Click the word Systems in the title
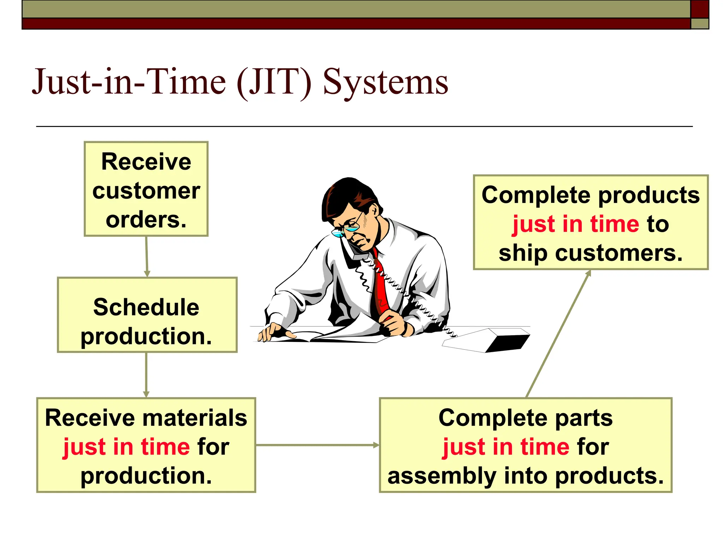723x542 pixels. (x=385, y=82)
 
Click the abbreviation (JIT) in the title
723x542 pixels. (x=274, y=82)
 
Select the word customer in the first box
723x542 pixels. (x=146, y=191)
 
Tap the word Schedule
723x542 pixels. (x=146, y=307)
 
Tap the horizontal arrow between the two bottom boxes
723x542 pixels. (x=317, y=445)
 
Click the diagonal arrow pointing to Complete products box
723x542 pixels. (x=558, y=334)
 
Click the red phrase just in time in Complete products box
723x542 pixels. (x=575, y=224)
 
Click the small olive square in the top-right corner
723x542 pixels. (x=700, y=24)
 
